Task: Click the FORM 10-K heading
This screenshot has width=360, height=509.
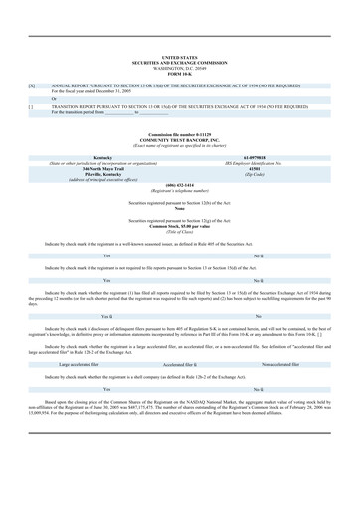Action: [x=179, y=47]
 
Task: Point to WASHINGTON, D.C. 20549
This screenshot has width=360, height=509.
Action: [x=179, y=42]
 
